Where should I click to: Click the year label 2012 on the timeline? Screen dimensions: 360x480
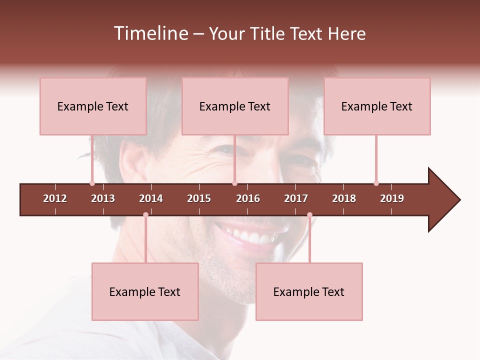tap(55, 198)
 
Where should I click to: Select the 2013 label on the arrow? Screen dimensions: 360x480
tap(103, 198)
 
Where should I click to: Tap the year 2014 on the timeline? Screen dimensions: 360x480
tap(151, 198)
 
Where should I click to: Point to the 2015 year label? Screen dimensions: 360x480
tap(199, 198)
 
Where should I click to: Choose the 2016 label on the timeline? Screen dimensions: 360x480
tap(248, 198)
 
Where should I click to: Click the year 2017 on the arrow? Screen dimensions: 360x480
tap(296, 198)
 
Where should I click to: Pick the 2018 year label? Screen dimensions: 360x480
tap(344, 198)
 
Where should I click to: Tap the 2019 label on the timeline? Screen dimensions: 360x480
tap(392, 198)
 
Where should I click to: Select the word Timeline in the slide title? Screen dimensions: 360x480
tap(150, 33)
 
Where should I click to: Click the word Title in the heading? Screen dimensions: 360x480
tap(268, 33)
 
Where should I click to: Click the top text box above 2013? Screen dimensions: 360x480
tap(93, 106)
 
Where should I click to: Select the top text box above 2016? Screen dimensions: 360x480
tap(235, 106)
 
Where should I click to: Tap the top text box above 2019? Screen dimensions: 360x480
tap(377, 106)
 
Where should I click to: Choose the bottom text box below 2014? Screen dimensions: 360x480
tap(145, 291)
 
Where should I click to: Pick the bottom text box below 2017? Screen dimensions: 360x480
tap(309, 291)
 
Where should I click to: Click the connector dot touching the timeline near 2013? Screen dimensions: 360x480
tap(92, 183)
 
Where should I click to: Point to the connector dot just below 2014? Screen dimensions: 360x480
tap(145, 214)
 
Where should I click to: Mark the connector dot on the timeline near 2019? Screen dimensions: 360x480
tap(376, 183)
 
